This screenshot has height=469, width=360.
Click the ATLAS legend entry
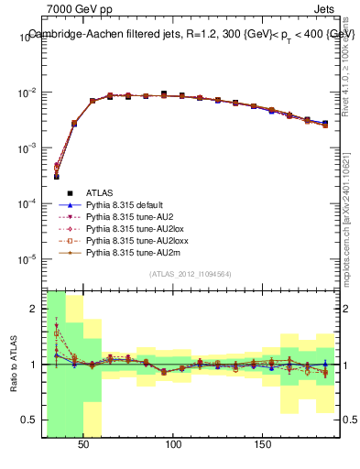pos(100,192)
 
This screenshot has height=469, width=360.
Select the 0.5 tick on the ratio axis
pos(32,420)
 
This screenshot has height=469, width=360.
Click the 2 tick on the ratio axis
pos(36,309)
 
